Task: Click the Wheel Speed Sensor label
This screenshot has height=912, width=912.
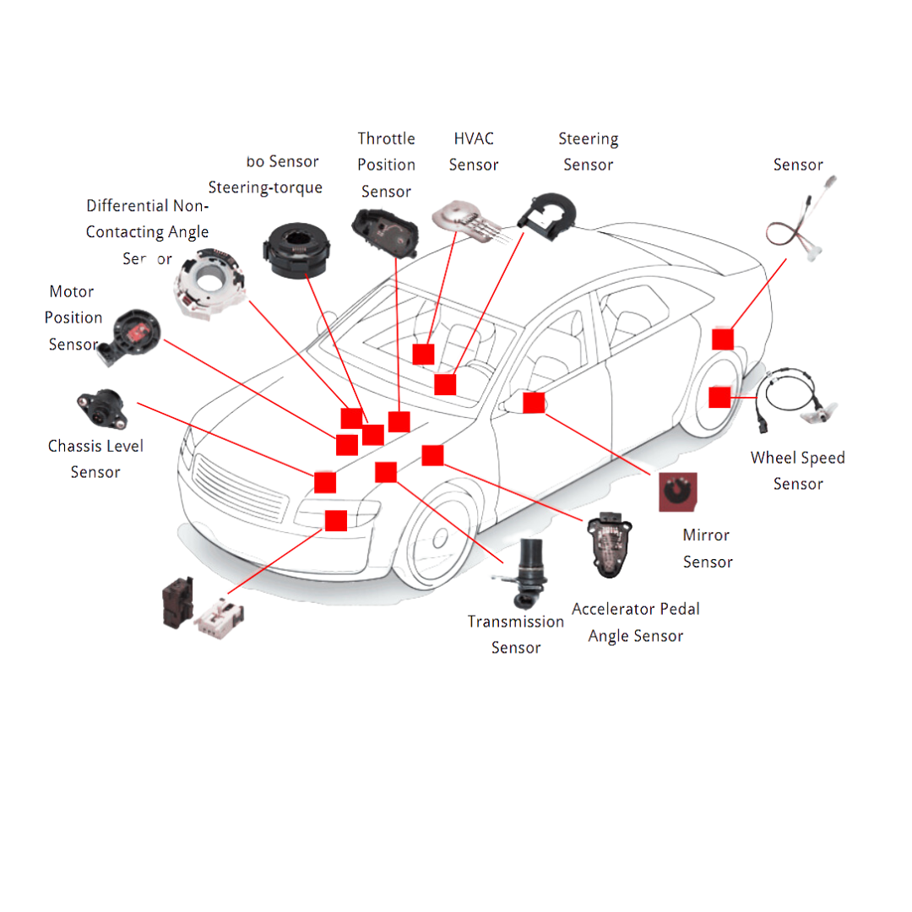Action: coord(797,470)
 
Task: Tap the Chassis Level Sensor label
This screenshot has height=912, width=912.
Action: coord(95,459)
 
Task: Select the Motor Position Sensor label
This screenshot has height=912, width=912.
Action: coord(73,318)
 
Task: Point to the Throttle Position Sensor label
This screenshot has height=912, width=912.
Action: coord(386,165)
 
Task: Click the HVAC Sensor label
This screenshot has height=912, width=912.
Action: coord(473,151)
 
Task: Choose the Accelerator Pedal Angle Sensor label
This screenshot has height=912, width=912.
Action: coord(635,622)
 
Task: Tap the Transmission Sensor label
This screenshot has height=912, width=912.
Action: coord(516,634)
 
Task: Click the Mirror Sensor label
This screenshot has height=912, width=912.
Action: coord(707,548)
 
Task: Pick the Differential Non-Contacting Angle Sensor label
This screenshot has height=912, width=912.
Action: coord(147,232)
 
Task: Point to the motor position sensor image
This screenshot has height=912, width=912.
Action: coord(131,335)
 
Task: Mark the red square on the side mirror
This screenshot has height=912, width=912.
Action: coord(533,402)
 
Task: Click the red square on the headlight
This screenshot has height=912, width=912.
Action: coord(335,521)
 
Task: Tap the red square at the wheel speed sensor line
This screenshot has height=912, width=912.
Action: coord(719,396)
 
